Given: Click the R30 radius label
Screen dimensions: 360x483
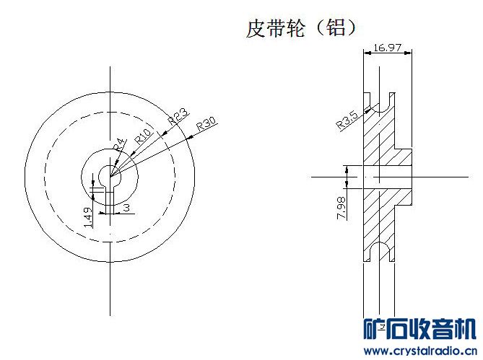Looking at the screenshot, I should [x=207, y=123].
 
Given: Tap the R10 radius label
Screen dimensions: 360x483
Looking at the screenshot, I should [x=143, y=134].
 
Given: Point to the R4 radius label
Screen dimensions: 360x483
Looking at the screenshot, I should [x=120, y=144].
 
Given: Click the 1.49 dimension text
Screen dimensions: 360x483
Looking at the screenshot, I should [x=87, y=217].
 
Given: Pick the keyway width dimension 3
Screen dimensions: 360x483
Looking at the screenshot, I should [x=126, y=207].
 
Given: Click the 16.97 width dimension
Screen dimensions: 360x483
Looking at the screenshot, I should [x=387, y=48].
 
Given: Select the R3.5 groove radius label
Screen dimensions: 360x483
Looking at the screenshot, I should [x=347, y=119].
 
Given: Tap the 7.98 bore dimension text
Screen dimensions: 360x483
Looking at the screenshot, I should [x=341, y=206].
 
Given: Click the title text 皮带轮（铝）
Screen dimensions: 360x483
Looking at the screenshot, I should [x=302, y=29].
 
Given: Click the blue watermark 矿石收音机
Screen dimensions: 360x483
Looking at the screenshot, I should [x=419, y=329].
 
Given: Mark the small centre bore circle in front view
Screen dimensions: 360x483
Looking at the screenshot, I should [x=109, y=174].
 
